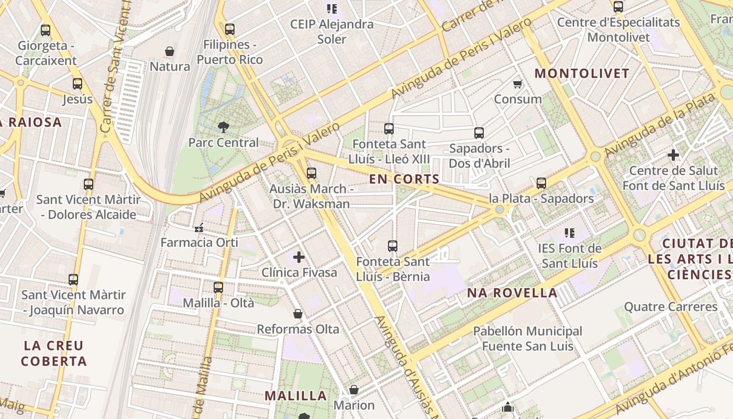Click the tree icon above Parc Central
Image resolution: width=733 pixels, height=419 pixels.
tap(224, 126)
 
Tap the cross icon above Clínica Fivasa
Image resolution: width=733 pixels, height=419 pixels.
tap(299, 257)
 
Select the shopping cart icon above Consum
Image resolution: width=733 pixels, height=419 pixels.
tap(518, 84)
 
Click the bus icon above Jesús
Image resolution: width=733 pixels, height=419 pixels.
tap(77, 83)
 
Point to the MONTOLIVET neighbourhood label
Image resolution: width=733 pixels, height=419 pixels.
tap(582, 73)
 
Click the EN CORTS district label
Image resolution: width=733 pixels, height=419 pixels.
tap(404, 179)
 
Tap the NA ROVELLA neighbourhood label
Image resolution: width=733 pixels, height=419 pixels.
tap(512, 293)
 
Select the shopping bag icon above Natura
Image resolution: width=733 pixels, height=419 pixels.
tap(170, 51)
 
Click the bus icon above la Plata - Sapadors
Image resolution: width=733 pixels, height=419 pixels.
tap(541, 183)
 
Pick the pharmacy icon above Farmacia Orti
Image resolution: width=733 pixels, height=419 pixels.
tap(199, 227)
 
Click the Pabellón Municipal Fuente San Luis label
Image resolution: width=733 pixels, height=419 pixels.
tap(527, 339)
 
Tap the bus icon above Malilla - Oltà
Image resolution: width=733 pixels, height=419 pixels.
tap(218, 287)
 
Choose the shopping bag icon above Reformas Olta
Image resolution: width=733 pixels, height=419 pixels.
tap(298, 314)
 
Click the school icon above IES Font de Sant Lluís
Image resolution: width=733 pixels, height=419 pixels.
tap(570, 233)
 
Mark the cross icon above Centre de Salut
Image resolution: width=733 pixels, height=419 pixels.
tap(673, 155)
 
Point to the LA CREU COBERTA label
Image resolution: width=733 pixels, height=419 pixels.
tap(54, 353)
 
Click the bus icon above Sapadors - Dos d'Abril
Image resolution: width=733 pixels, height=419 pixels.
tap(479, 133)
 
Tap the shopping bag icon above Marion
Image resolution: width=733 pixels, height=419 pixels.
tap(354, 390)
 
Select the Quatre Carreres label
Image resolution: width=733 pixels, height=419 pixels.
tap(671, 306)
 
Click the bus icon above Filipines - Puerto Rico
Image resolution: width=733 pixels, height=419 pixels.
tap(229, 29)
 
